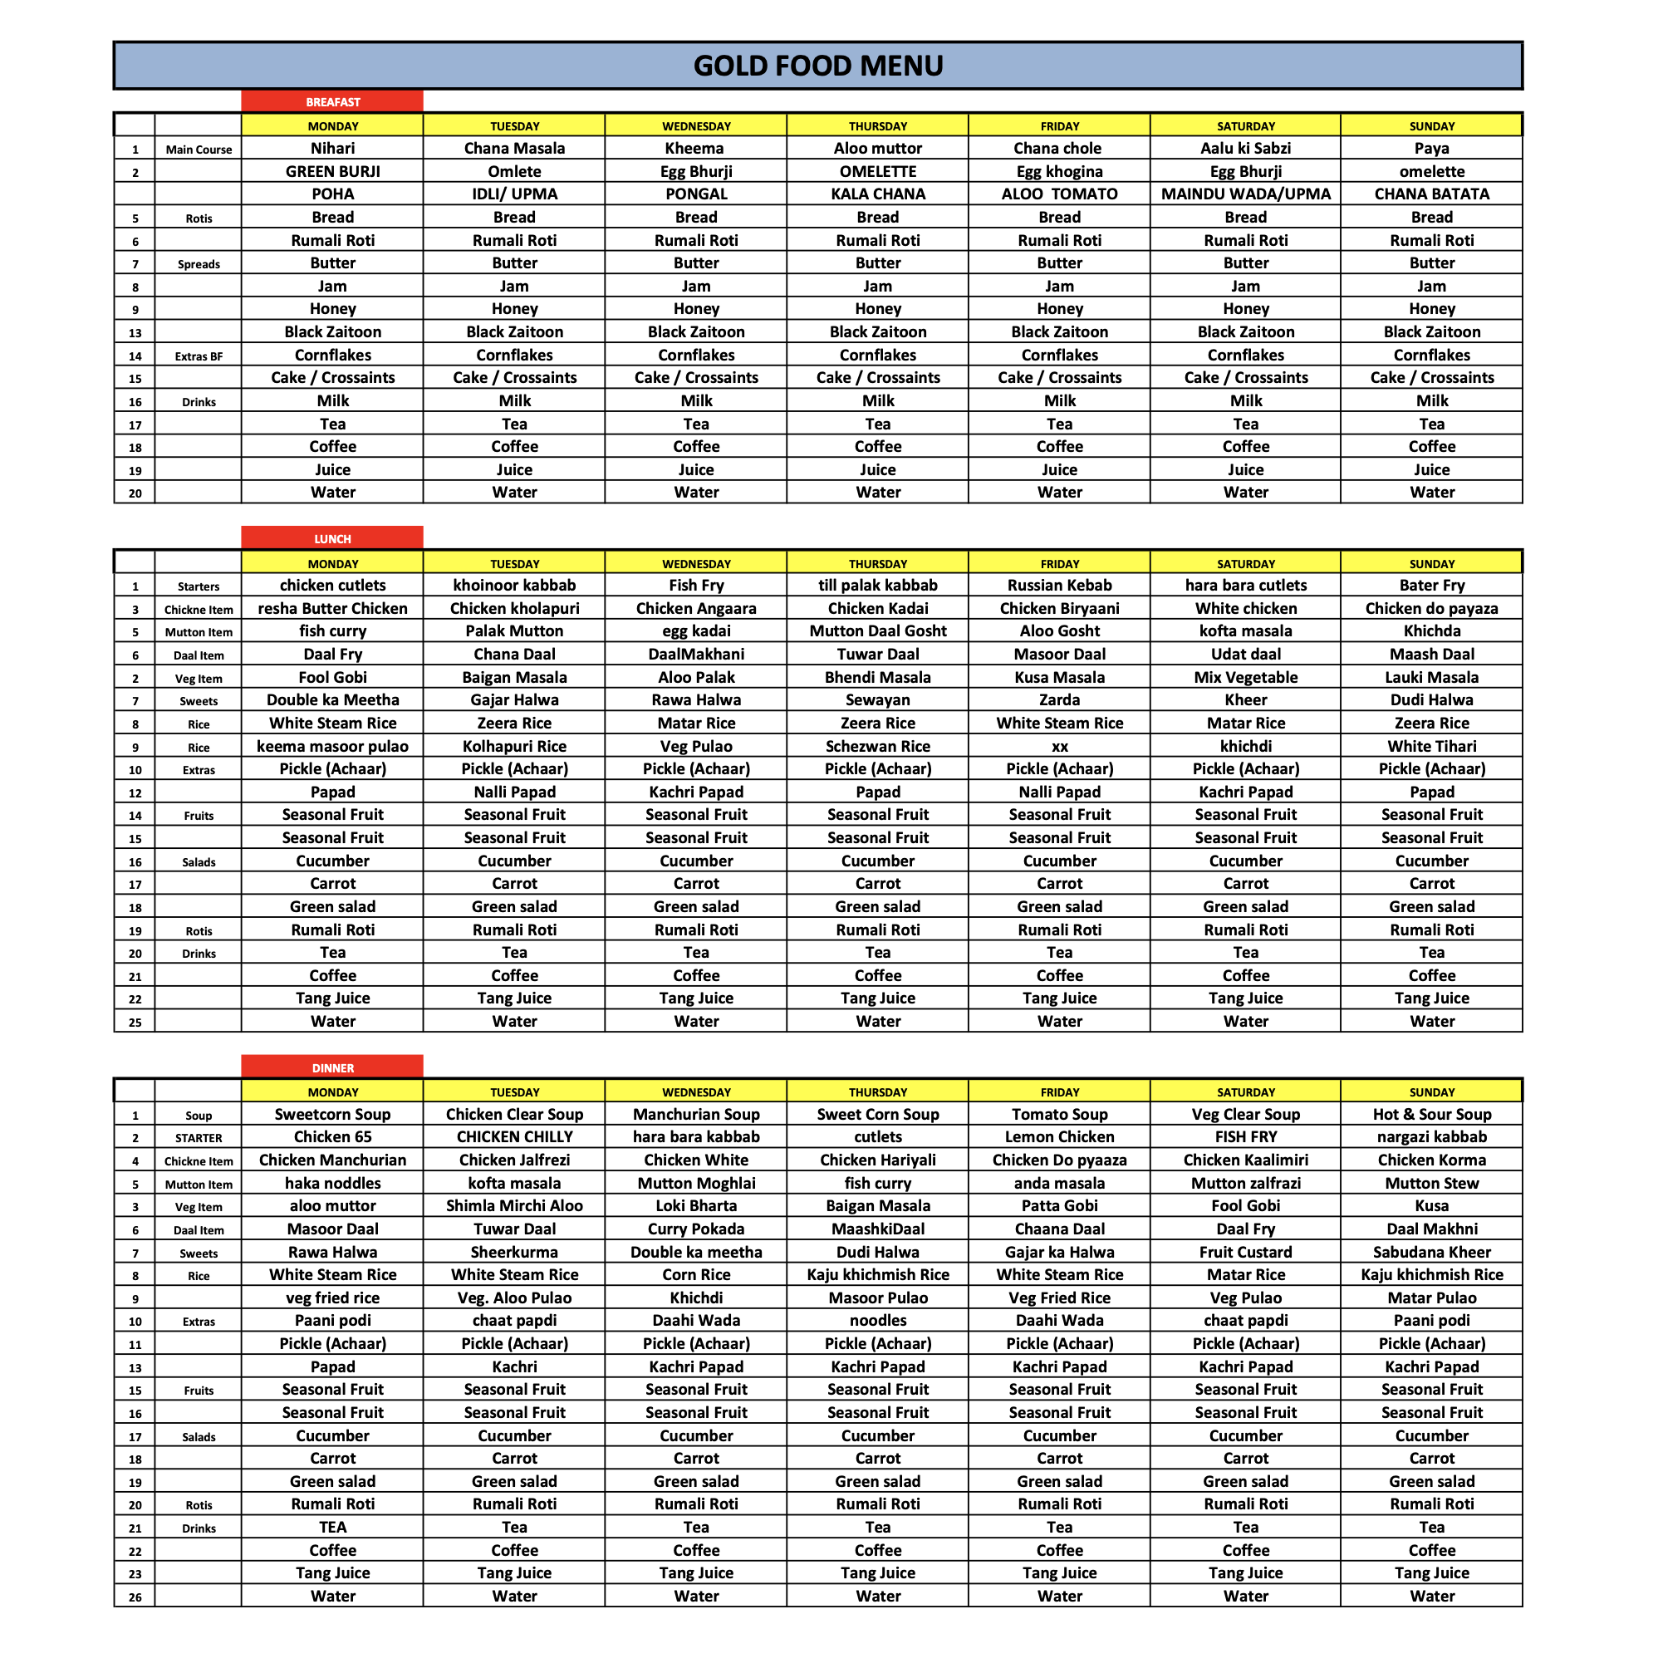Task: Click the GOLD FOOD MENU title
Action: click(817, 66)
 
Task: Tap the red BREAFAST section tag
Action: click(332, 102)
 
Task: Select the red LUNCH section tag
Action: click(332, 539)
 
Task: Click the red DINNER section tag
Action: click(332, 1068)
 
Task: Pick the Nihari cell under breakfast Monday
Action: click(332, 149)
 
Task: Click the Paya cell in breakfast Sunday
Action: click(1431, 149)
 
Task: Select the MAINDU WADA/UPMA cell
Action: click(1245, 194)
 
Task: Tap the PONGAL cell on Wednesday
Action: click(696, 194)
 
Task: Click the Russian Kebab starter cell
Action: click(1060, 586)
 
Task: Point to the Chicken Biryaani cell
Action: click(1060, 609)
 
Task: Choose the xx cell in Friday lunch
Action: click(1060, 747)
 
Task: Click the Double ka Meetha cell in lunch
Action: click(332, 700)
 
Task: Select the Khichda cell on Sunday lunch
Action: click(1431, 631)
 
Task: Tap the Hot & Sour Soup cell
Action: click(1431, 1115)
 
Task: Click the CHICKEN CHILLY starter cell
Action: click(515, 1137)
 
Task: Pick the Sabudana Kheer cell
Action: click(1431, 1252)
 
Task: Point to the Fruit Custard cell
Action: click(1245, 1252)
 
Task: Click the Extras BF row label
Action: click(199, 356)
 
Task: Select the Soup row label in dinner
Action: click(199, 1116)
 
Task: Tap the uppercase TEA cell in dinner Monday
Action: click(332, 1528)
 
